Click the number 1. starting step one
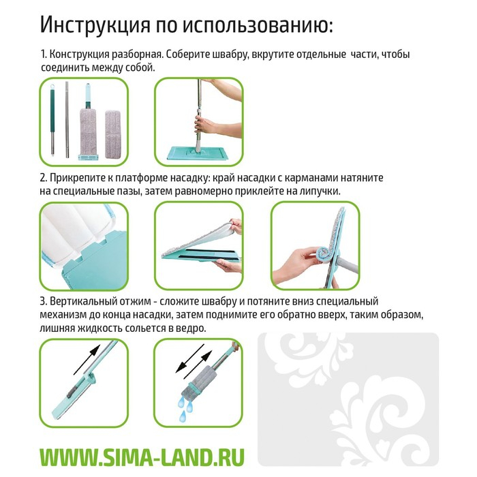(44, 55)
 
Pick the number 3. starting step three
(44, 301)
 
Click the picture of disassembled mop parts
(84, 121)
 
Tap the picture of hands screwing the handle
(198, 121)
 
